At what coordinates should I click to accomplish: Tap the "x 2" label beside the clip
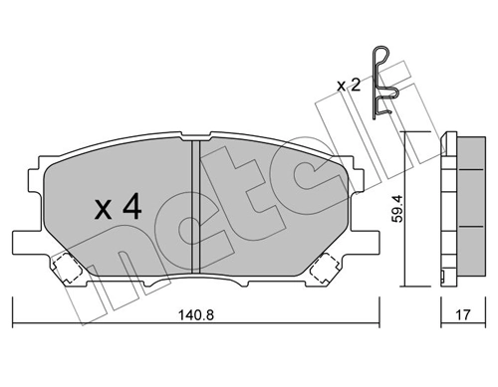pyautogui.click(x=349, y=86)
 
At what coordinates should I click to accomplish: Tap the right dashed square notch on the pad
pyautogui.click(x=326, y=267)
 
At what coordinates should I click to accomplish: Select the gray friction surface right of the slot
pyautogui.click(x=269, y=209)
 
